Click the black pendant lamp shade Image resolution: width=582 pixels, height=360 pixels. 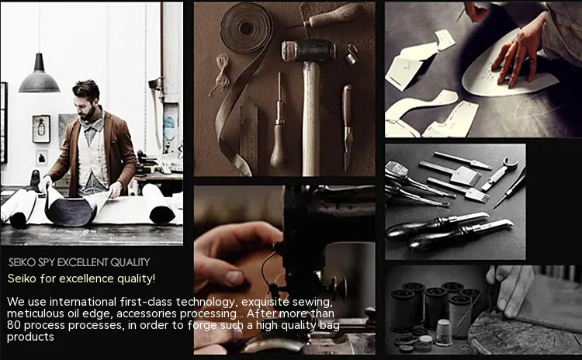pos(39,77)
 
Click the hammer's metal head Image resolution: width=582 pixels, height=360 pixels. pos(308,51)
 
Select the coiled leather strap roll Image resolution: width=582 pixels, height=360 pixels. pos(247,27)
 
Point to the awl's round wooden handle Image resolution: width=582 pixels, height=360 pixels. pos(279,147)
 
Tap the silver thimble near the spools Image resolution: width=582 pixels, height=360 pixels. pos(444,332)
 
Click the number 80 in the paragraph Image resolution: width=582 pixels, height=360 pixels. pos(13,326)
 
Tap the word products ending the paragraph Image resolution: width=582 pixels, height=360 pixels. pos(30,337)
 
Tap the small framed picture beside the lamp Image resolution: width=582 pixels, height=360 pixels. pos(41,129)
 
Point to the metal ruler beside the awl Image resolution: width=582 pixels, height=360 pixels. pos(248,137)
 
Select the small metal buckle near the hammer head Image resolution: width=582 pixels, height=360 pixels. pos(351,55)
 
